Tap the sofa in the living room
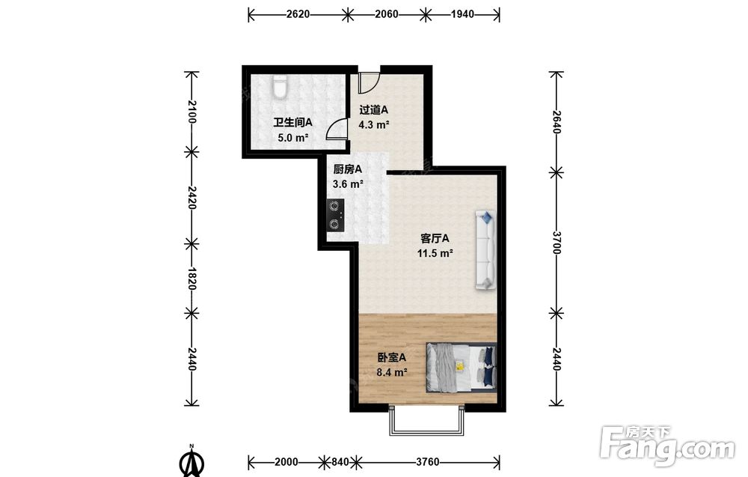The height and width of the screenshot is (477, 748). coord(485,249)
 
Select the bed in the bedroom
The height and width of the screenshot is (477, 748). coord(462,367)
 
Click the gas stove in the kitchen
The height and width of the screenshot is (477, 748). coord(335,216)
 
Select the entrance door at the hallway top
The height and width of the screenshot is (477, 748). coord(368,82)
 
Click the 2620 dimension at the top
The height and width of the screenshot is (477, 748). coord(298,14)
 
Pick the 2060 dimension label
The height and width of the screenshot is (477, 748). coord(387,14)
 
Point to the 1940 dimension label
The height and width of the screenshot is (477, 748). coord(463,14)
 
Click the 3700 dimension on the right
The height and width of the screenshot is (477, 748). coord(557,243)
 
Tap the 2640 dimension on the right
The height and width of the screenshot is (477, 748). coord(557,122)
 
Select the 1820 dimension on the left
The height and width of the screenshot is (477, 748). coord(191,279)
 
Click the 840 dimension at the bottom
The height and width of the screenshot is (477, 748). coord(340,462)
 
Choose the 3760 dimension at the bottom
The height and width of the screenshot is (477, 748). coord(427,462)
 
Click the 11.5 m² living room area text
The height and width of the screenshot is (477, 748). coord(435,253)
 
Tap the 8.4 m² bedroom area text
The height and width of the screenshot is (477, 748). coord(392,372)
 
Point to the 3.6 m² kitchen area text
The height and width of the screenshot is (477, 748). coord(348,183)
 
